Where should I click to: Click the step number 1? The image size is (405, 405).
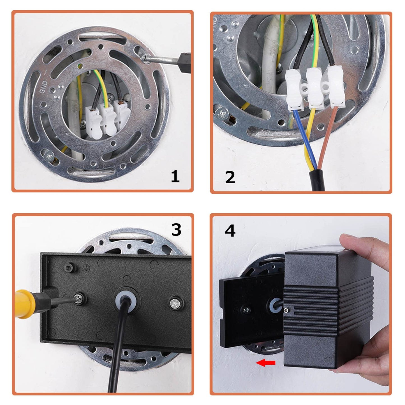(175, 176)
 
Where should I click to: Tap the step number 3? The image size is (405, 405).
(176, 230)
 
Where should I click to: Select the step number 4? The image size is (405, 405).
(230, 231)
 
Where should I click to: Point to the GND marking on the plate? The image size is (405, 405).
(44, 87)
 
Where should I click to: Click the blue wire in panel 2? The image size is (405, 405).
(305, 139)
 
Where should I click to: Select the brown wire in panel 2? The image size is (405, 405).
(328, 136)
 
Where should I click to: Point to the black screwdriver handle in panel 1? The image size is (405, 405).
(184, 63)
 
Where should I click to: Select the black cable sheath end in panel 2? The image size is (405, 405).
(317, 180)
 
